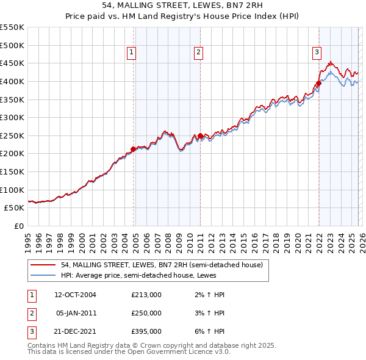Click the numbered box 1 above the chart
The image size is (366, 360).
[131, 53]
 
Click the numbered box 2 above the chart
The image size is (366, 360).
[199, 53]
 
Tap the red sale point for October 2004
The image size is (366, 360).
[134, 149]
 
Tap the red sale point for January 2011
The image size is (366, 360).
[201, 136]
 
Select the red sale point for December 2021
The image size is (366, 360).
[319, 84]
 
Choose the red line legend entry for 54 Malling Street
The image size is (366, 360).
[162, 265]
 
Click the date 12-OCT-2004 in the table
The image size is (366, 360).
[76, 295]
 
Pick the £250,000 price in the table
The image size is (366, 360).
[146, 313]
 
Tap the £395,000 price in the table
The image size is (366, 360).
[146, 331]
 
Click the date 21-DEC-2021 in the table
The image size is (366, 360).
[76, 331]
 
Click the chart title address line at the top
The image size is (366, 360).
[183, 7]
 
